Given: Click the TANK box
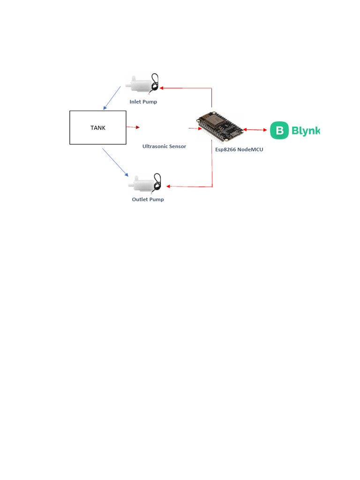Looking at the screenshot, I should [x=97, y=136].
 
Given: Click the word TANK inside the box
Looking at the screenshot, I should [x=97, y=127].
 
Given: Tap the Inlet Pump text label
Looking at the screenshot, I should [x=143, y=101].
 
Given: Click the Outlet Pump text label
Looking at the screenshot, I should [x=148, y=199].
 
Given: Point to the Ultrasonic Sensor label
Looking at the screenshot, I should [x=164, y=146].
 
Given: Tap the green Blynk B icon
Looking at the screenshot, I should [x=279, y=130].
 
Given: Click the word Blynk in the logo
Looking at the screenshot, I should [x=305, y=131].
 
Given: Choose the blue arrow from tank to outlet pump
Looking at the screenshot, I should [x=115, y=162].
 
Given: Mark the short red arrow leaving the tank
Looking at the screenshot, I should [x=133, y=127].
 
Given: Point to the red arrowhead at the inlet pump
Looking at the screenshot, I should [x=162, y=87].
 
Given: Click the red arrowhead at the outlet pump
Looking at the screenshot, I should [x=169, y=187].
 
